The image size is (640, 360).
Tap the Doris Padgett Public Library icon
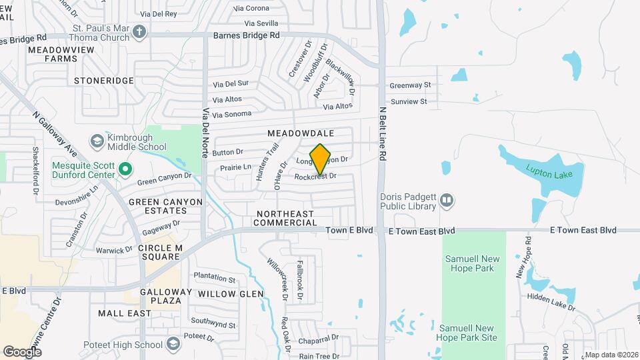tap(447, 199)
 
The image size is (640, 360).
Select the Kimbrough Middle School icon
tap(97, 140)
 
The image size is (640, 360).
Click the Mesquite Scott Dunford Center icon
tap(125, 170)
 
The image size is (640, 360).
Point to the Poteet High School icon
tap(173, 344)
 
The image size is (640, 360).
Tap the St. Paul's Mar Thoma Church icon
tap(139, 31)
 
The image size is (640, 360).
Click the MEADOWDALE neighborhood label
tap(300, 134)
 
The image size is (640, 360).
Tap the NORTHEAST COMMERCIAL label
tap(285, 217)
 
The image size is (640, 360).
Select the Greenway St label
tap(411, 85)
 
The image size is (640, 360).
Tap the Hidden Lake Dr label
tap(551, 301)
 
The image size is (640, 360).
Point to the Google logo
tap(22, 351)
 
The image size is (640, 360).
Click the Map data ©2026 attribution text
tap(611, 354)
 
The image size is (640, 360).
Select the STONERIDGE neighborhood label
tap(104, 81)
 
